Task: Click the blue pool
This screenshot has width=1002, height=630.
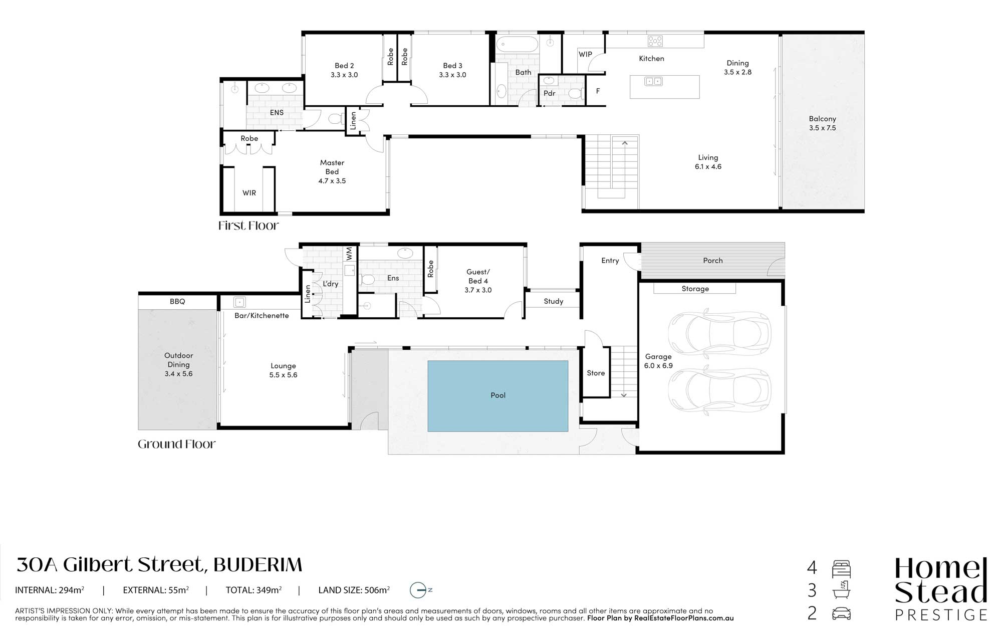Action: coord(497,396)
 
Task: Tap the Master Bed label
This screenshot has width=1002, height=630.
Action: coord(332,167)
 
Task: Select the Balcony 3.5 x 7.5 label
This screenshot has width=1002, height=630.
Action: coord(822,123)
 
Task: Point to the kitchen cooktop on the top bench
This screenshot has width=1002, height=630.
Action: coord(655,41)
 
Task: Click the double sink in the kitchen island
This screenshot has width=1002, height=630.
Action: coord(653,81)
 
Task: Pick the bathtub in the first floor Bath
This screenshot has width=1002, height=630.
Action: coord(517,44)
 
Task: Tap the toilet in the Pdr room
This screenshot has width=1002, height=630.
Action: coord(574,93)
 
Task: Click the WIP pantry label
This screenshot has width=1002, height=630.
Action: coord(585,54)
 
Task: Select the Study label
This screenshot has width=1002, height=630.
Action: coord(553,301)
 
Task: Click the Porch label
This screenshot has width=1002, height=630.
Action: coord(712,261)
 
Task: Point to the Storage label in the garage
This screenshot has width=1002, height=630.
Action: coord(695,289)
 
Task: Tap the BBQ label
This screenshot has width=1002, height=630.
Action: coord(177,301)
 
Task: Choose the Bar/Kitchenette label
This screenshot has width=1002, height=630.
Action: coord(262,315)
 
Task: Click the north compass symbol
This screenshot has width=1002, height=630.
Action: coord(420,590)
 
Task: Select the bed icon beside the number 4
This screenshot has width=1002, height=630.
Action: coord(842,569)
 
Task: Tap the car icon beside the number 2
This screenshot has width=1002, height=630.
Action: coord(842,613)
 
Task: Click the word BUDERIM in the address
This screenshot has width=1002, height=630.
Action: coord(258,565)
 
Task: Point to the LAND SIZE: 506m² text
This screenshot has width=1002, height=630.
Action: coord(354,590)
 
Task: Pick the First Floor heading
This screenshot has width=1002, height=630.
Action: coord(248,226)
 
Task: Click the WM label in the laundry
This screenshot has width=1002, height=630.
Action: coord(349,253)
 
